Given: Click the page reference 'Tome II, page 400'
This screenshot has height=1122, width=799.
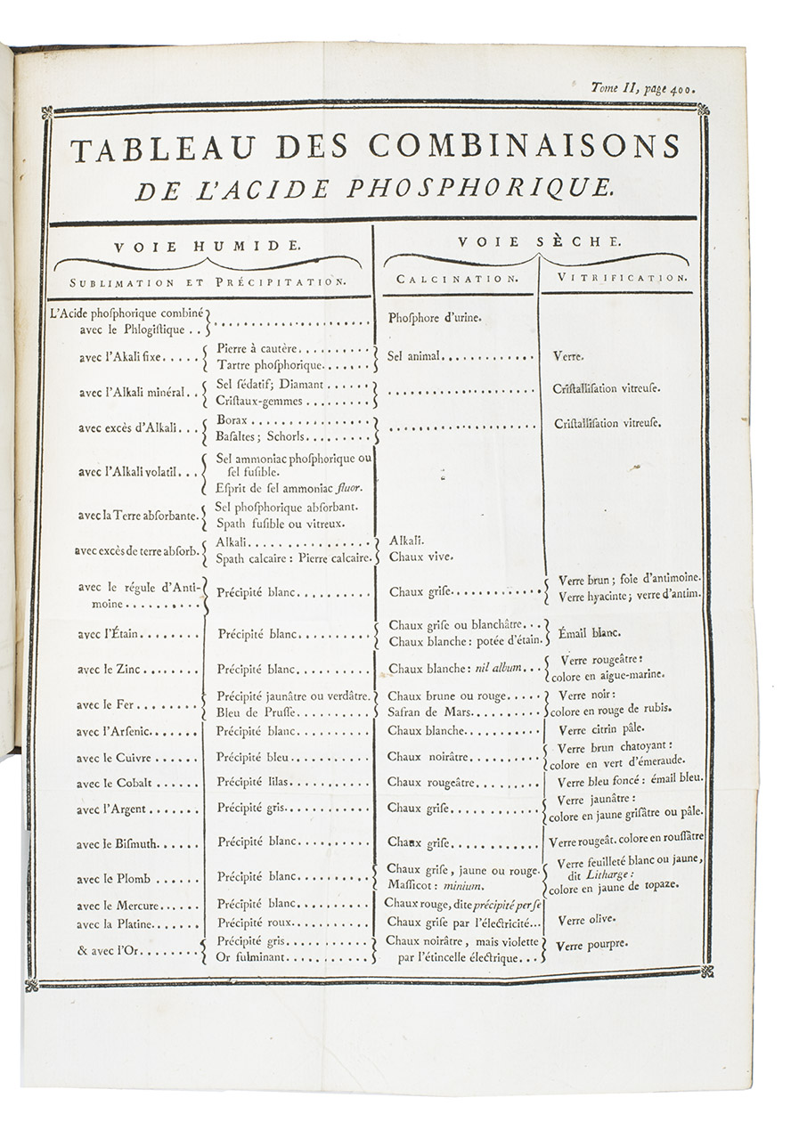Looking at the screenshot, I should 642,87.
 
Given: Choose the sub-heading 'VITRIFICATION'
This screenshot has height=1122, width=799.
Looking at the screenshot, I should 624,278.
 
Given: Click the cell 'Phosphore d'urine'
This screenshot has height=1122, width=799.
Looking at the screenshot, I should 428,316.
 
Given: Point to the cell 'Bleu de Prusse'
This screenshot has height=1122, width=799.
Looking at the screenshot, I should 254,712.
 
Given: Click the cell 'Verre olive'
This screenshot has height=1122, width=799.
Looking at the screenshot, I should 585,919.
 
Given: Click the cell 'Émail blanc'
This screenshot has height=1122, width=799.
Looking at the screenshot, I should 588,632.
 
